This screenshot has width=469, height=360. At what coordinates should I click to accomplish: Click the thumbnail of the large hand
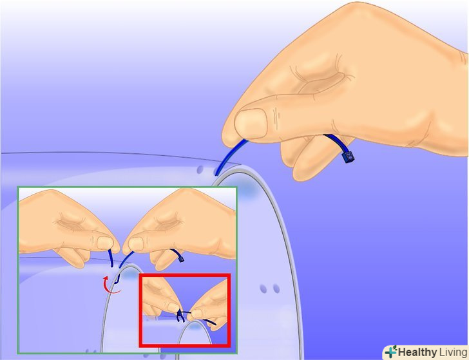coord(251,123)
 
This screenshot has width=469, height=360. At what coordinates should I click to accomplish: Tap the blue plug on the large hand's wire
coord(348,157)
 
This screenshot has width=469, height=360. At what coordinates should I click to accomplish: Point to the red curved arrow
coord(111,285)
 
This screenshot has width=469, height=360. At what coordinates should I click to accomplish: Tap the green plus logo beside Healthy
coord(390,352)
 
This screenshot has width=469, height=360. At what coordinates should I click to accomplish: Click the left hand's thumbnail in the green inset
coord(105,243)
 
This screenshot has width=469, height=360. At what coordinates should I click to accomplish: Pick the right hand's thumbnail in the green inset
coord(136,243)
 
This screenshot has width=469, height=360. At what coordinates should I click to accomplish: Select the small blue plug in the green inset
coord(181,260)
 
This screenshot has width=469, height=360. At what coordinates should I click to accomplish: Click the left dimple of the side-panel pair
coord(263,289)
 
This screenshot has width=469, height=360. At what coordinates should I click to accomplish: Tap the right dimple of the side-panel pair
coord(276,289)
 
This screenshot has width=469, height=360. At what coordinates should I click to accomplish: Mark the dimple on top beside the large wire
coord(200,169)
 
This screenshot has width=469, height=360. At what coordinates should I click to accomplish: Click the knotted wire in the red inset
coord(180,316)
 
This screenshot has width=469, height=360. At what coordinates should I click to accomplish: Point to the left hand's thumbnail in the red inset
coord(173,307)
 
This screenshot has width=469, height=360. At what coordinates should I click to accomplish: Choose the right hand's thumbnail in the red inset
coord(196,314)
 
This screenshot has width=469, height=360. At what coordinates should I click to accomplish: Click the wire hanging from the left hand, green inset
coord(111,259)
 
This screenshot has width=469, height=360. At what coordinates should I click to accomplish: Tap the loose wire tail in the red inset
coord(208,321)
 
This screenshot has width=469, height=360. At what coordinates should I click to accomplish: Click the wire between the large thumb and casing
coord(230,156)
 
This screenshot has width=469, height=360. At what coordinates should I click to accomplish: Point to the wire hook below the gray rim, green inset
coord(117,279)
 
